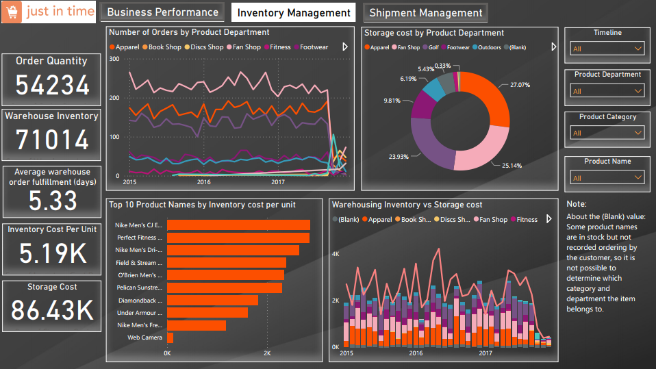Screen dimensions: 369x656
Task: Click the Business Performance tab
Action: [162, 12]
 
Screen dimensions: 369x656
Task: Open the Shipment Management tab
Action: [425, 12]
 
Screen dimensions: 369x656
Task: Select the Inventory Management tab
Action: [294, 13]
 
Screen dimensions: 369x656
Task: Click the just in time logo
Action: [49, 12]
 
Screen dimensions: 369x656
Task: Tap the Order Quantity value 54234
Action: [52, 85]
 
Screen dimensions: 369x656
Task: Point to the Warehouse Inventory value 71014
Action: [52, 140]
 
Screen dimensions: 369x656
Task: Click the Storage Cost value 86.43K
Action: [52, 310]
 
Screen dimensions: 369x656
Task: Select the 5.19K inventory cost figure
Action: [52, 253]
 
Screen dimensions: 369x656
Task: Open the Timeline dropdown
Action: [607, 49]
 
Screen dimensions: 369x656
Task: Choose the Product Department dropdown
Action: [607, 91]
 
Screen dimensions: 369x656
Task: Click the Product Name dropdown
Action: [607, 178]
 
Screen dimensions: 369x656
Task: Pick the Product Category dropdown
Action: [607, 133]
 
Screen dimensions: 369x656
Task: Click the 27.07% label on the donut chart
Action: [520, 85]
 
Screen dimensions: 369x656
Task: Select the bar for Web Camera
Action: [171, 338]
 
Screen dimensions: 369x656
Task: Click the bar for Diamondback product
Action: [212, 300]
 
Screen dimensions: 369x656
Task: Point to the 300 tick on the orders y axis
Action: [114, 59]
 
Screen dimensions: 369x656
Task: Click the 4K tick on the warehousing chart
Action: [336, 254]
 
